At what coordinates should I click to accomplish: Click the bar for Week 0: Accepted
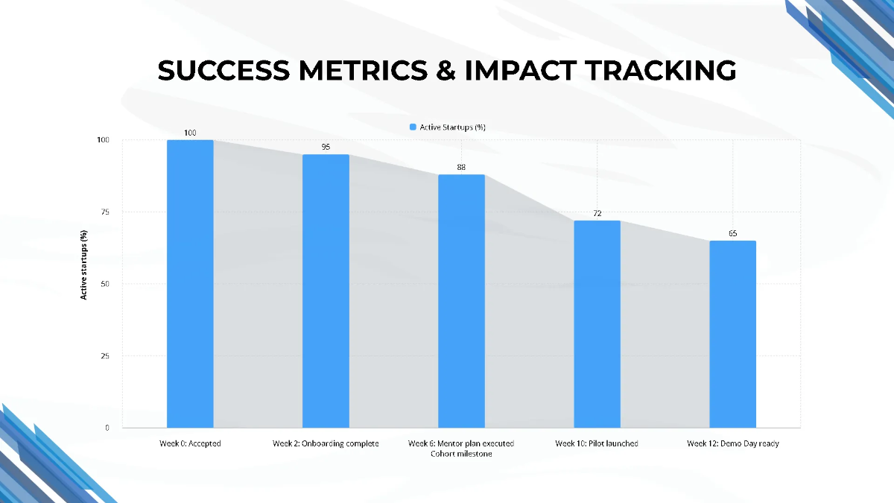[190, 284]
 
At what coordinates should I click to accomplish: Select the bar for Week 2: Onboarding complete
[326, 291]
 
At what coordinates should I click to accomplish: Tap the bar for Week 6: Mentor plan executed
[461, 301]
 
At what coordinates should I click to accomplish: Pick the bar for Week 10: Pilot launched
[597, 324]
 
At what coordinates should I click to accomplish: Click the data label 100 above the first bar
[190, 133]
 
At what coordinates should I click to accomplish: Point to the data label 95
[326, 148]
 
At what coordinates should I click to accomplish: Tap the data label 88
[461, 168]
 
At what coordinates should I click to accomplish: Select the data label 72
[597, 214]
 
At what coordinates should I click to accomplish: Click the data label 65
[732, 234]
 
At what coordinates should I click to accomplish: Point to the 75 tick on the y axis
[104, 212]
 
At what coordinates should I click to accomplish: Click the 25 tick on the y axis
[104, 356]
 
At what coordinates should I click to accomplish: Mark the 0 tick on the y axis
[107, 428]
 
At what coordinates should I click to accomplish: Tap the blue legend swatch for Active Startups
[413, 127]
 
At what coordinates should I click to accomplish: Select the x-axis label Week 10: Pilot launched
[596, 443]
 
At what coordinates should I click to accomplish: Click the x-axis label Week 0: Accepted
[190, 443]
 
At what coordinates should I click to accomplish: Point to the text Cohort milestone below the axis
[461, 454]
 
